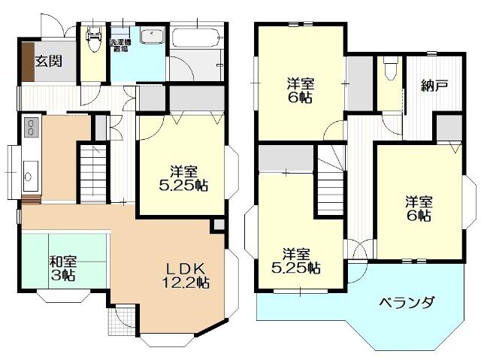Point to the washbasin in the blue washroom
(x=153, y=36)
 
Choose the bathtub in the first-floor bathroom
(x=196, y=36)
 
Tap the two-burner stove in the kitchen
(x=31, y=128)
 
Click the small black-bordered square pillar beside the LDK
(x=218, y=225)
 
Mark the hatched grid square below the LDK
(x=120, y=324)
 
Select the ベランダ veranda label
(x=406, y=303)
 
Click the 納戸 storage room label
(x=434, y=86)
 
